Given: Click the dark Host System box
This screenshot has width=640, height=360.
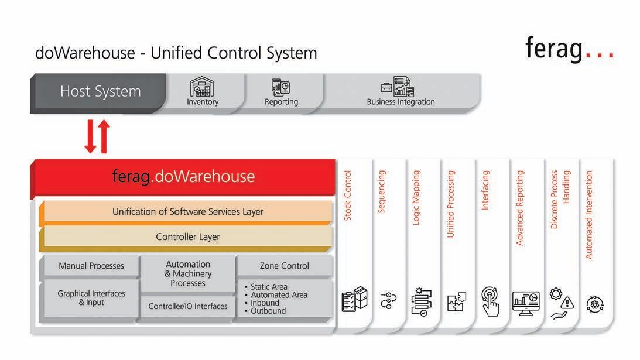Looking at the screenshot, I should (x=100, y=92).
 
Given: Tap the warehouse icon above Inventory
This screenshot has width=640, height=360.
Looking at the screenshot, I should (x=202, y=87).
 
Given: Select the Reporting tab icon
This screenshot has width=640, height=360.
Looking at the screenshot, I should (x=281, y=87).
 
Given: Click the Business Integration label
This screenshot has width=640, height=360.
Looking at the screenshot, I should (x=401, y=102).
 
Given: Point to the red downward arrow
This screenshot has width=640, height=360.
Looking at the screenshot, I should (x=91, y=136).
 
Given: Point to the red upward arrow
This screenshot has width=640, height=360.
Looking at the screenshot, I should (x=104, y=136).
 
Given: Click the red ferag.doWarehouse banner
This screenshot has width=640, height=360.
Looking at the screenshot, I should (x=183, y=176).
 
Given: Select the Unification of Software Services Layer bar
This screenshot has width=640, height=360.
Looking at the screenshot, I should (x=188, y=211).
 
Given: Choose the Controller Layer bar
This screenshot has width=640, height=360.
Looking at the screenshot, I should (x=188, y=237).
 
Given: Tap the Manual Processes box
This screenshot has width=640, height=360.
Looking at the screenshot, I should (x=91, y=266).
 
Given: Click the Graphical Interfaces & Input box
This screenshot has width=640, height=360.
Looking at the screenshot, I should (x=91, y=298).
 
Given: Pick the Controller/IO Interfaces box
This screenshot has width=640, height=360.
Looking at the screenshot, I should (x=188, y=306).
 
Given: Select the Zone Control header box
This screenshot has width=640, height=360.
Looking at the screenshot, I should (x=284, y=266).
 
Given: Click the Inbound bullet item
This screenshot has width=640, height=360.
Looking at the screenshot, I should (x=265, y=303).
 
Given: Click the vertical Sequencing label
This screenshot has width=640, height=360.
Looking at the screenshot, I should (x=382, y=191).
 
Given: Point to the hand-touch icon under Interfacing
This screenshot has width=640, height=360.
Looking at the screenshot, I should (x=490, y=300).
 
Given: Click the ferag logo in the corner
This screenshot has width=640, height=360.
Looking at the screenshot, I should (x=569, y=49).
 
